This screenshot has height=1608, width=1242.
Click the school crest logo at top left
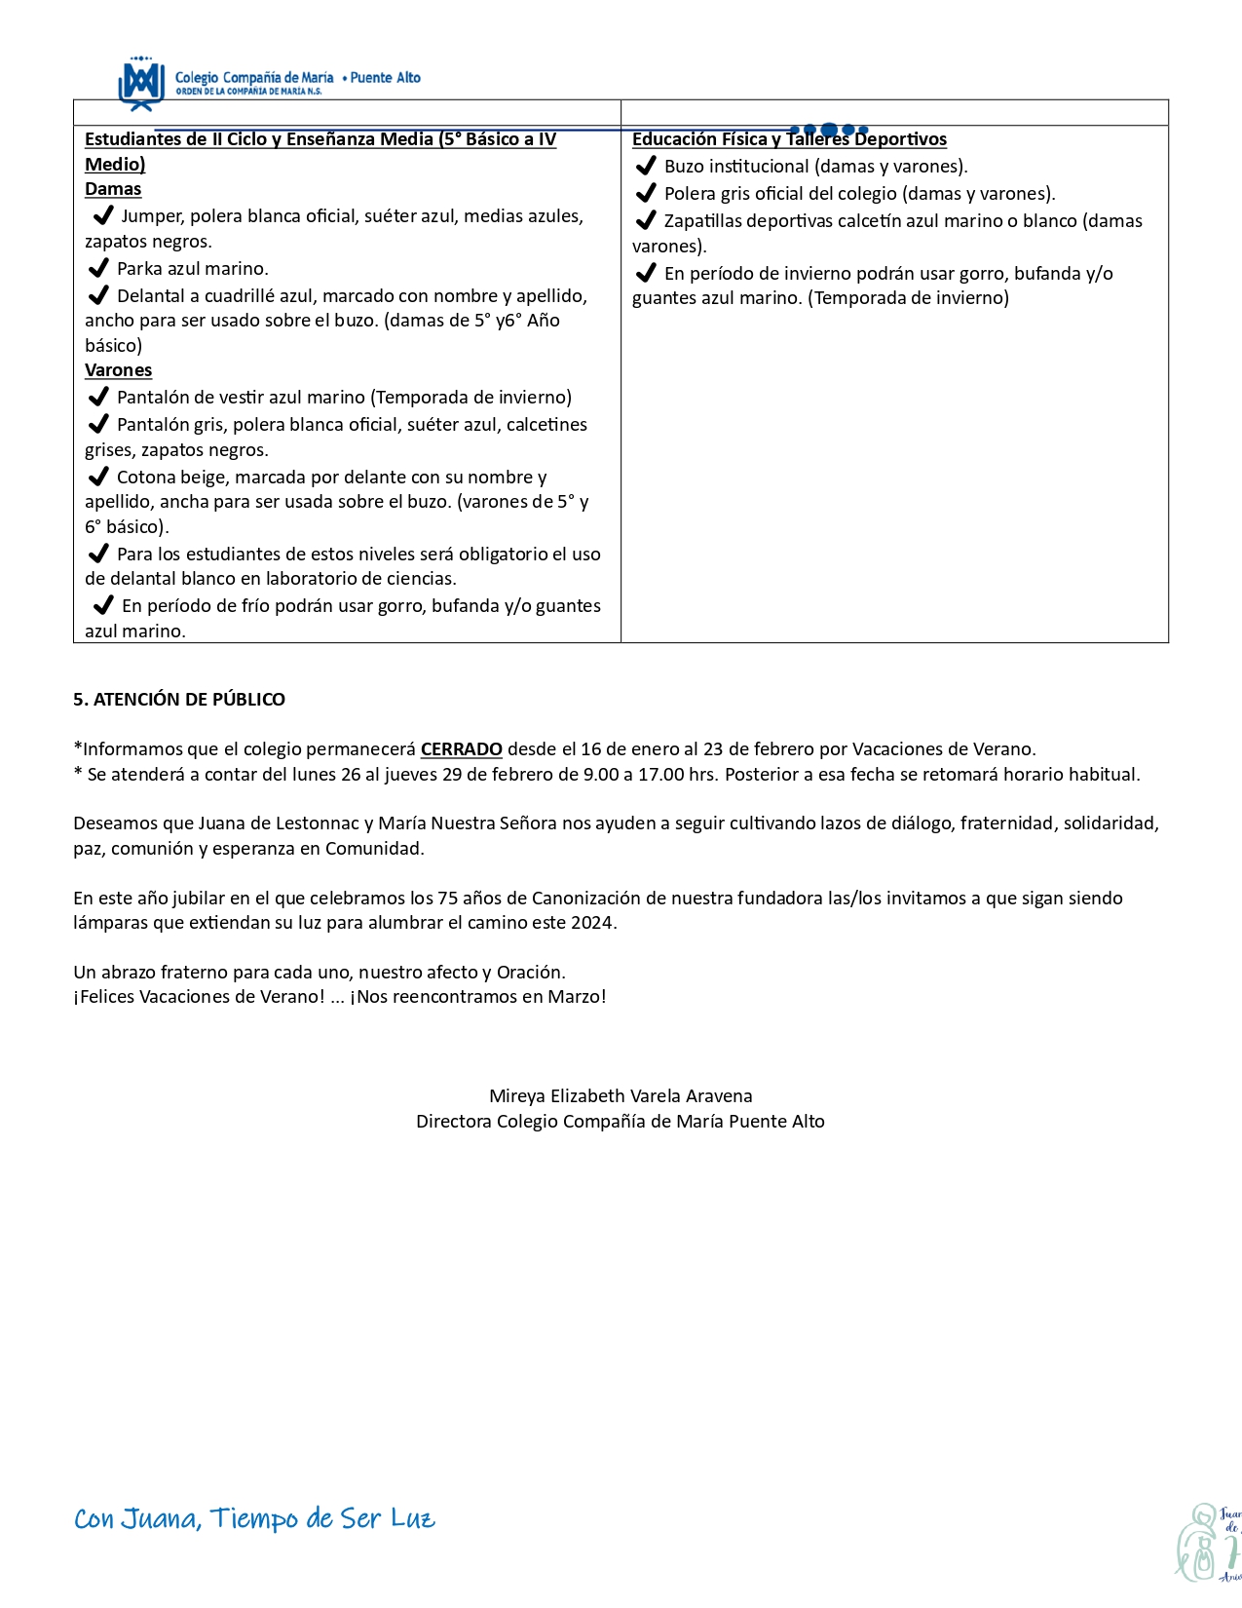(x=139, y=83)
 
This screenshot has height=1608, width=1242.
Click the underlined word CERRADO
(x=461, y=749)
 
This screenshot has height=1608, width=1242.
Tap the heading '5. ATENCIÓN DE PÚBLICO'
(x=179, y=699)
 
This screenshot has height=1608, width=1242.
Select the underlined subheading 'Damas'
(x=113, y=189)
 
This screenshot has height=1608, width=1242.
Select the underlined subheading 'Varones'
(x=118, y=370)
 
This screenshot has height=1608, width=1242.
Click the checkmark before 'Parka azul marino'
(x=97, y=268)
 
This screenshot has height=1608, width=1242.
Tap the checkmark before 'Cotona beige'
(x=97, y=477)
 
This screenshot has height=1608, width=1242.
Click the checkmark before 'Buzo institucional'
(x=645, y=166)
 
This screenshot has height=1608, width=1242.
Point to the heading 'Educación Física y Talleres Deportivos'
(x=789, y=139)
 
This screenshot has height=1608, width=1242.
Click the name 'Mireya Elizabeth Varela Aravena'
(x=621, y=1095)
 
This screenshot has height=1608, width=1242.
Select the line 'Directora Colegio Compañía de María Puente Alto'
(x=621, y=1121)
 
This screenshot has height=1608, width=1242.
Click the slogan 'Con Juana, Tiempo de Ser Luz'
(x=254, y=1518)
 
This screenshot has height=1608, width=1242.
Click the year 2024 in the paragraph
(x=592, y=922)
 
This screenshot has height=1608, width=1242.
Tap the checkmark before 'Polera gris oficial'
(x=645, y=193)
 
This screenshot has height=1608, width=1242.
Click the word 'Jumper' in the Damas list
(x=151, y=216)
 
